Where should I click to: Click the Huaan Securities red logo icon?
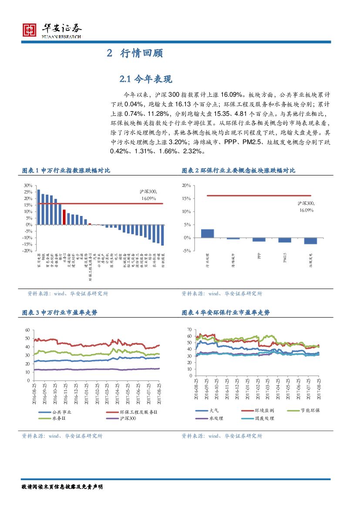point(30,30)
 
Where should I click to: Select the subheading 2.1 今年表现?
point(146,79)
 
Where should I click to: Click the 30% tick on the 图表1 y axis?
point(28,185)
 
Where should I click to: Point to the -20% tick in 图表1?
point(27,251)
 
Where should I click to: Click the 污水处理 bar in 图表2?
point(207,233)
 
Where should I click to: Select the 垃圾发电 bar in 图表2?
point(310,241)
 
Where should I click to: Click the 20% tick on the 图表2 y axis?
point(186,185)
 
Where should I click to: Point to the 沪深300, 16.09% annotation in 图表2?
point(306,206)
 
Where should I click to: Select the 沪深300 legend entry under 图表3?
point(126,418)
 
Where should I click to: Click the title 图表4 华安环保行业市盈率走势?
point(225,313)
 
